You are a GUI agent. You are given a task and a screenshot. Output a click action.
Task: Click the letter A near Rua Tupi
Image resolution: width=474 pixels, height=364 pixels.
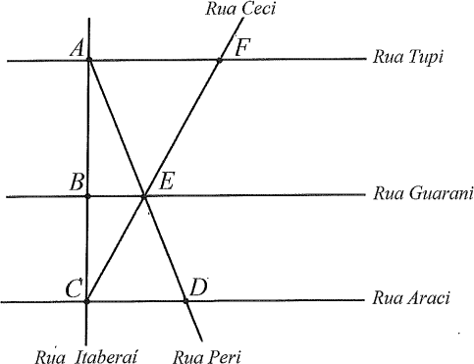tap(77, 49)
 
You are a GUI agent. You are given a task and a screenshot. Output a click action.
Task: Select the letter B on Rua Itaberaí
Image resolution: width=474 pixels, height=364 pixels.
tap(77, 182)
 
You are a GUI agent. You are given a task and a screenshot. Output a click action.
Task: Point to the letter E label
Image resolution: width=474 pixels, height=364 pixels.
tap(166, 181)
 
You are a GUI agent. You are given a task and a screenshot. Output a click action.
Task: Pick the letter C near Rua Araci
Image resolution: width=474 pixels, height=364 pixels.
tap(74, 288)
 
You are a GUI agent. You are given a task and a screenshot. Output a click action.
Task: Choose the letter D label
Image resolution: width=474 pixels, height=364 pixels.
tap(198, 287)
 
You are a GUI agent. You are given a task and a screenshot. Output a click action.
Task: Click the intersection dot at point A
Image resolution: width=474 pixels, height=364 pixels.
tap(89, 60)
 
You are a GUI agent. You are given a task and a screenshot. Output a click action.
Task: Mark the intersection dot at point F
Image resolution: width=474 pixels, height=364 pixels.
tap(220, 60)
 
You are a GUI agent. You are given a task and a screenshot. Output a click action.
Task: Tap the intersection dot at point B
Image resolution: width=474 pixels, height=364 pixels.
tap(87, 196)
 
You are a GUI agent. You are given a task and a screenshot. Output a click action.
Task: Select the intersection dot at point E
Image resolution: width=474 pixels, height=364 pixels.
tap(143, 196)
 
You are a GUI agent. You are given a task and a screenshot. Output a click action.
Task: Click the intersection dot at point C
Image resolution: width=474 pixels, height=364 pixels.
tap(86, 301)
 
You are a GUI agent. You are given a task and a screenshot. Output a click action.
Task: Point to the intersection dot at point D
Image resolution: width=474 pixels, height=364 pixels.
tap(185, 301)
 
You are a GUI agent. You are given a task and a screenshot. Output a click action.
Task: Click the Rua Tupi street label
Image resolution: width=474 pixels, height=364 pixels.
tap(408, 58)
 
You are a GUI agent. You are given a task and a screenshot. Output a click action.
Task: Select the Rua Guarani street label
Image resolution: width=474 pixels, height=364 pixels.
tap(423, 193)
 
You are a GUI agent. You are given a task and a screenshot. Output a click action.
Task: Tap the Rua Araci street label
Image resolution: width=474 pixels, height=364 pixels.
tap(411, 298)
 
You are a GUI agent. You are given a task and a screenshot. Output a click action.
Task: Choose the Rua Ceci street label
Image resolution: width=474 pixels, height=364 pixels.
tap(240, 9)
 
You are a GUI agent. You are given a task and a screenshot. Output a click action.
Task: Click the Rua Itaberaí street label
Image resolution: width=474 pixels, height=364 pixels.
tap(86, 356)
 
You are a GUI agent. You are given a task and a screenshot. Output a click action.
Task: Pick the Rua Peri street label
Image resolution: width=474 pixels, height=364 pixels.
tap(207, 357)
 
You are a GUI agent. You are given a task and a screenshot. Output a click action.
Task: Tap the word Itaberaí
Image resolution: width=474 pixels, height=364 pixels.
tap(106, 356)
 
